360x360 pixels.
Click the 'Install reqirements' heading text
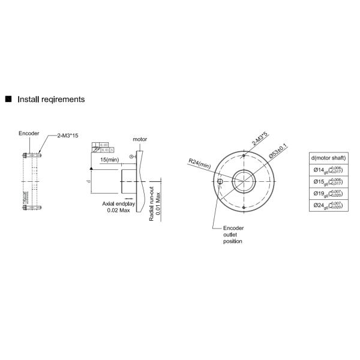tap(51, 99)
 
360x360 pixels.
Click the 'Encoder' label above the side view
tap(28, 133)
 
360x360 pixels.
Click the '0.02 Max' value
tap(118, 211)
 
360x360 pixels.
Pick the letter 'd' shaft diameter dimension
tap(88, 179)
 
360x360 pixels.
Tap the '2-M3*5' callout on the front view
tap(260, 142)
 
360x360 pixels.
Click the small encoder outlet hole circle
tap(221, 181)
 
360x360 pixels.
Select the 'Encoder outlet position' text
tap(233, 235)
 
